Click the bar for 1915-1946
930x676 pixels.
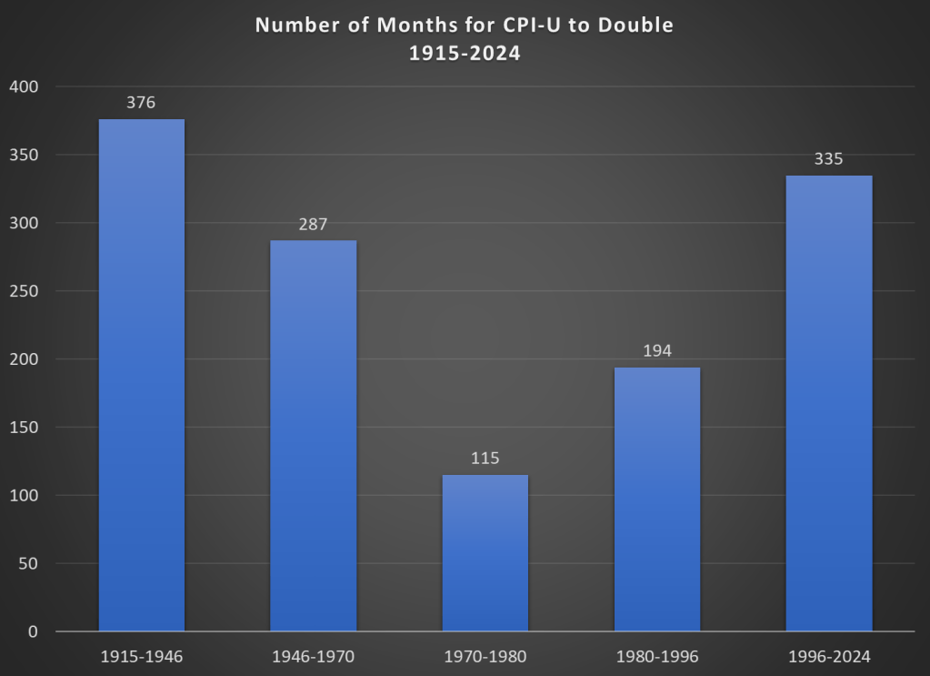click(x=141, y=375)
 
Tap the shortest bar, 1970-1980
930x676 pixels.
click(x=485, y=552)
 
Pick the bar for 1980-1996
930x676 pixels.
click(x=656, y=499)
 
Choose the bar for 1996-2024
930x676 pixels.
click(x=828, y=403)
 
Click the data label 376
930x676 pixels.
click(x=141, y=103)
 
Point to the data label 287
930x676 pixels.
click(x=313, y=223)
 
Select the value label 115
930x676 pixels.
click(x=485, y=459)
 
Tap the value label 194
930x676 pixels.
click(x=656, y=350)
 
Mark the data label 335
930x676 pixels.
click(x=828, y=159)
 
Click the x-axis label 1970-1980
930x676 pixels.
click(x=485, y=656)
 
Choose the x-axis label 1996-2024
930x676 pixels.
click(x=828, y=656)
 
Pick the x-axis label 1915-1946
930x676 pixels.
click(x=141, y=656)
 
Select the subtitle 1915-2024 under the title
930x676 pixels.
click(x=464, y=53)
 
